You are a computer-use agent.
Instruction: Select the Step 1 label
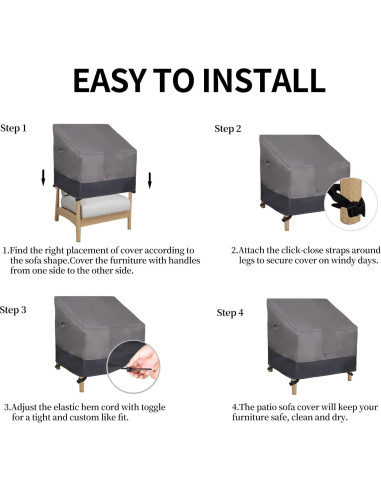pyautogui.click(x=14, y=128)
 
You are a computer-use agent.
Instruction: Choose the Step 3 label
pyautogui.click(x=14, y=310)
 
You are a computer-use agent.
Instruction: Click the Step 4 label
pyautogui.click(x=230, y=313)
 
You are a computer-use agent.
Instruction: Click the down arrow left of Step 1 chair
pyautogui.click(x=42, y=179)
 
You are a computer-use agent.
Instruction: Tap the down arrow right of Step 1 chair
pyautogui.click(x=149, y=180)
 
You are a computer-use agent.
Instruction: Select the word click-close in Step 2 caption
pyautogui.click(x=290, y=249)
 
